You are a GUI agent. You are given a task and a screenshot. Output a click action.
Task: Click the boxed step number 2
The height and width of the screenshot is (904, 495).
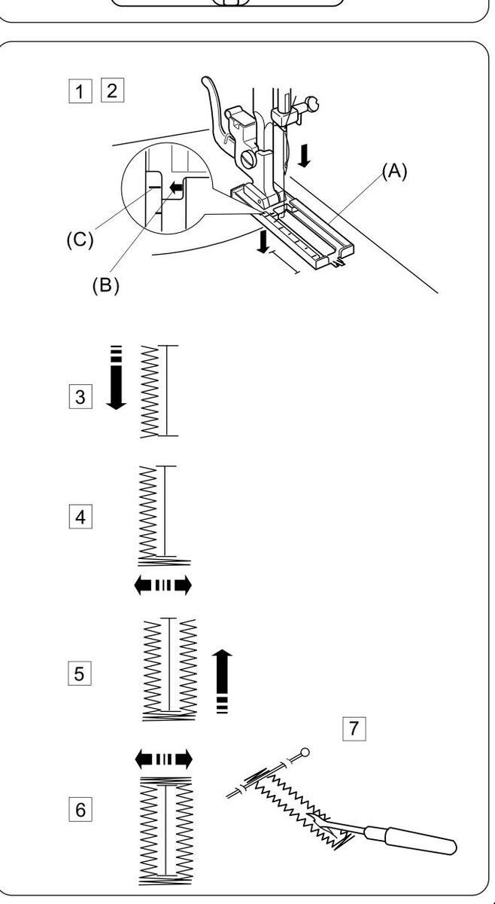pos(112,91)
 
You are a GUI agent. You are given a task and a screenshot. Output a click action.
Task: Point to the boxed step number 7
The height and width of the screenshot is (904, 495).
pos(353,728)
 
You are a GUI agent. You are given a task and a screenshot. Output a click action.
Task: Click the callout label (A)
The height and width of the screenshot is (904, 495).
pos(394,171)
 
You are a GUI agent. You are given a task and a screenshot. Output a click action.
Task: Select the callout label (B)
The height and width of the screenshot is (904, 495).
pos(106,287)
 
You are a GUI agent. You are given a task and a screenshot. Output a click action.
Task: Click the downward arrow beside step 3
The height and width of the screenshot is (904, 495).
pos(115,378)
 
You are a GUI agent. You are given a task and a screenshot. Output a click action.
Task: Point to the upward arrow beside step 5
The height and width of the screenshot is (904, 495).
pos(223,680)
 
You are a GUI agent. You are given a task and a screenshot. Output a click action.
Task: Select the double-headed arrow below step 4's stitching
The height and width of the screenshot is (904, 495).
pos(162,585)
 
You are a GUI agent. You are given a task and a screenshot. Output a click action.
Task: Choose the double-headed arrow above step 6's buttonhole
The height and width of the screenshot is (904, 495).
pos(162,758)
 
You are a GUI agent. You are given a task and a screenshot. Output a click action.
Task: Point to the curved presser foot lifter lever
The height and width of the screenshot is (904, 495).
pos(215,105)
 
